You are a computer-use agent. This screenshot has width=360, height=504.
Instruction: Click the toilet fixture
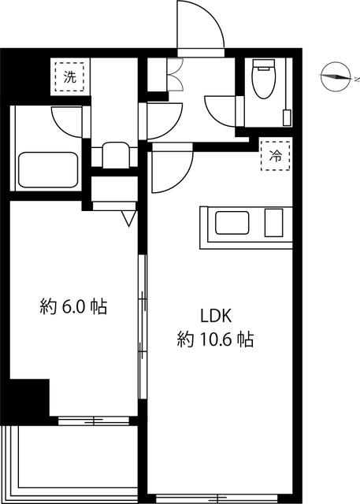tap(264, 79)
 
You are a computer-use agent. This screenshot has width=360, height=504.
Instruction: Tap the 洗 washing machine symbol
tap(69, 77)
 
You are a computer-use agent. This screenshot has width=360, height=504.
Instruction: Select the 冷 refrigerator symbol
tap(276, 156)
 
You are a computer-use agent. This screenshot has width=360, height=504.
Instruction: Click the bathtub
tap(48, 170)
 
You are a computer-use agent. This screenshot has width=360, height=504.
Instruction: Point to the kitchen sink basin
tap(232, 222)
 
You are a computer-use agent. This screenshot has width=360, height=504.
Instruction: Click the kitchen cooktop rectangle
tap(273, 222)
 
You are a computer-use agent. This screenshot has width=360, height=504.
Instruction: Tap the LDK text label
tap(216, 316)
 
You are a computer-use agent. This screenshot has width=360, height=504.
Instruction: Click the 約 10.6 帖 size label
tap(215, 339)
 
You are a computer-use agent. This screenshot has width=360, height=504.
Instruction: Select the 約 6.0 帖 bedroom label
tap(73, 306)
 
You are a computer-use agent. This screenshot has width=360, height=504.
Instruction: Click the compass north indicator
tap(336, 77)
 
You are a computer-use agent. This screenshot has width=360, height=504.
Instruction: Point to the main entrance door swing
tap(201, 26)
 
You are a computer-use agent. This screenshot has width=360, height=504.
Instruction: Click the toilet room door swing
tap(221, 110)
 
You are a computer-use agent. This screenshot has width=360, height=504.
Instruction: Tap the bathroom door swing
tap(67, 122)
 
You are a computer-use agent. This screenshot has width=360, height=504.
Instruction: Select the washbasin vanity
tap(115, 155)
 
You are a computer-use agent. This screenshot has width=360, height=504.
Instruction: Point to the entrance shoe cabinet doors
tap(175, 75)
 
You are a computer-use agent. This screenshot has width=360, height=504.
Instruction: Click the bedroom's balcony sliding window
tap(94, 420)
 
